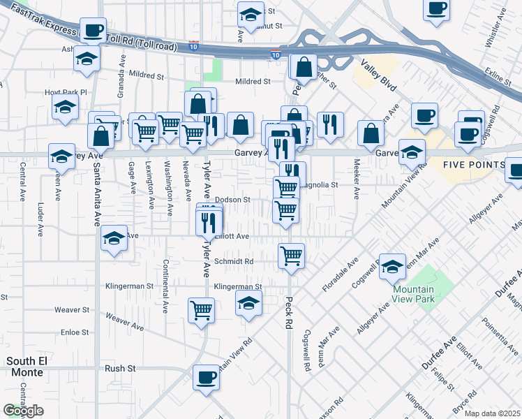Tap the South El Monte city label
click(25, 367)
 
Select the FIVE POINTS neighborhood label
click(474, 165)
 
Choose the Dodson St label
click(232, 200)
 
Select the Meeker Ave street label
click(357, 179)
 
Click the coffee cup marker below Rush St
click(206, 378)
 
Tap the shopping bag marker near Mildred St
click(304, 68)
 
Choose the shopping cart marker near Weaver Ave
click(202, 309)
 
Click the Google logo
click(23, 411)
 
